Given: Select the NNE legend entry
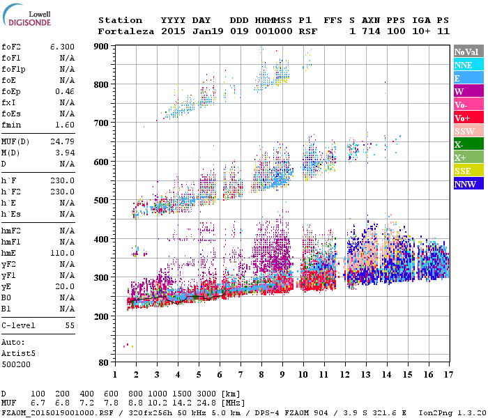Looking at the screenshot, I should pyautogui.click(x=468, y=65).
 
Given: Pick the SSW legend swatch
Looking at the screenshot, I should pyautogui.click(x=468, y=131).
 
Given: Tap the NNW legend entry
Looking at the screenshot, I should pyautogui.click(x=468, y=184).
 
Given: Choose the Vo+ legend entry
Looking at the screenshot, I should pyautogui.click(x=468, y=118).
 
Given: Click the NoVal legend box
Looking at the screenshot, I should pyautogui.click(x=468, y=52).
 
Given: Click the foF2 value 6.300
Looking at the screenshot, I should pyautogui.click(x=62, y=46).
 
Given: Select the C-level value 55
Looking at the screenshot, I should pyautogui.click(x=69, y=325).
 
